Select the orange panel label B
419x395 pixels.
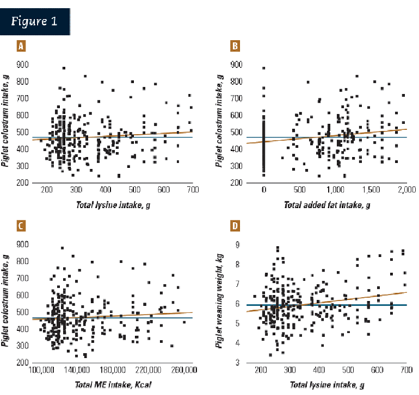coord(235,46)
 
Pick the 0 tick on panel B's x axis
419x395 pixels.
coord(263,190)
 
